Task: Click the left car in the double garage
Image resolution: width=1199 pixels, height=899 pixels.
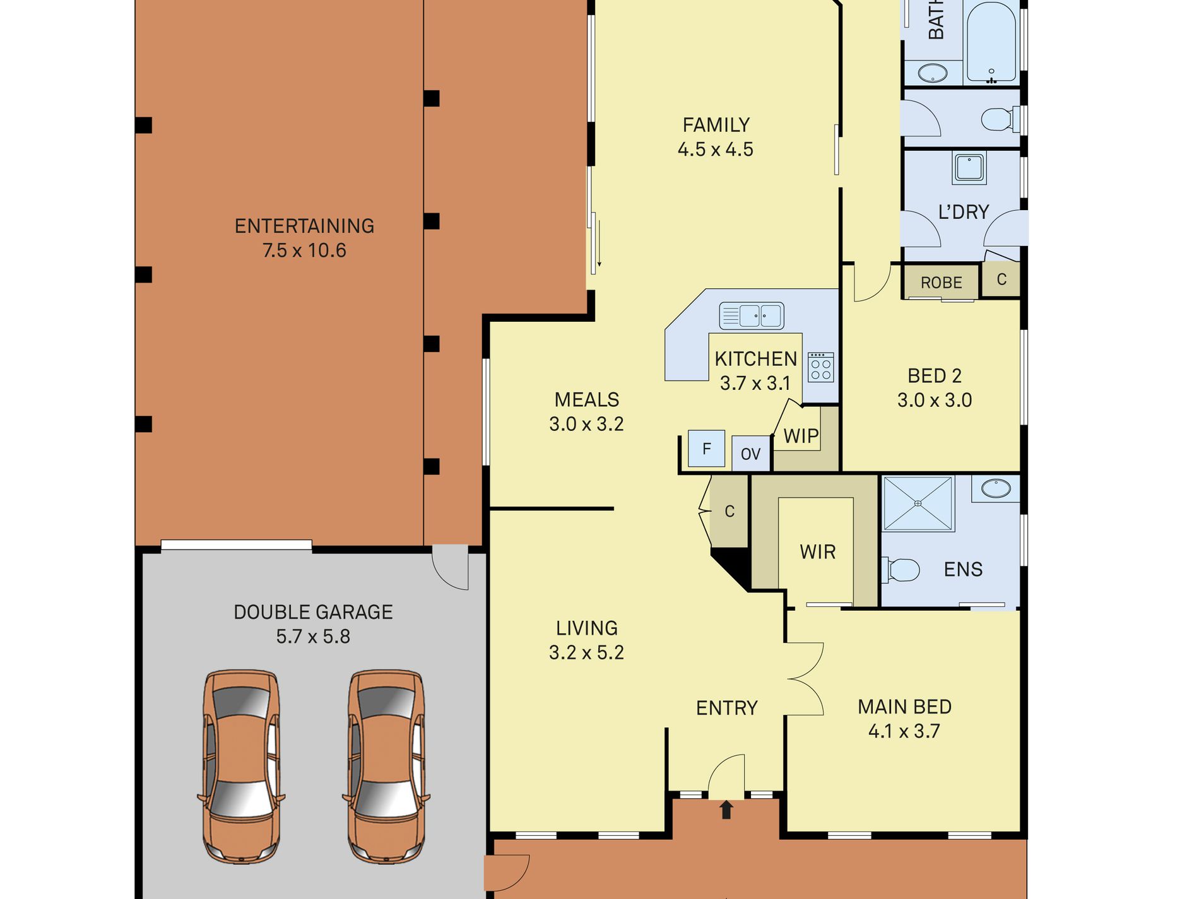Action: pos(241,766)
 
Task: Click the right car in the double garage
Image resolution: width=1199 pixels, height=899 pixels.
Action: pos(386,766)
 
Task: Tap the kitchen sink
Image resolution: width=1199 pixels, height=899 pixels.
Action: pos(752,315)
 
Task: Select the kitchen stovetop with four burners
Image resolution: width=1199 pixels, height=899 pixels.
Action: pos(820,367)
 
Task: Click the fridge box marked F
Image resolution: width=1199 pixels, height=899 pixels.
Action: pos(706,449)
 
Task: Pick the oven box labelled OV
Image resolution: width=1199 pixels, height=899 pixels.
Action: pos(751,454)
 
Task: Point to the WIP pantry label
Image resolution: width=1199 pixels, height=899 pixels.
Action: pos(801,436)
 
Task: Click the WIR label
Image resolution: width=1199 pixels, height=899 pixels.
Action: pos(818,552)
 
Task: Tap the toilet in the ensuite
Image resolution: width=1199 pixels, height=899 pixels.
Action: pos(901,570)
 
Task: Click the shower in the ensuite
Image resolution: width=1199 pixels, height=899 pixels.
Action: pos(918,503)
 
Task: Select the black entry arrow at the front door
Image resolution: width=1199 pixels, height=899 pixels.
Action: pos(726,809)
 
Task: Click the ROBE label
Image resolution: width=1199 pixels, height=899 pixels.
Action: pos(941,283)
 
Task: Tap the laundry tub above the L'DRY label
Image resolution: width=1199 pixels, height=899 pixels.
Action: pos(969,168)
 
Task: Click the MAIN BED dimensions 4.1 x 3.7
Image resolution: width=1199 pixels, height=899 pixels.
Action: pos(904,731)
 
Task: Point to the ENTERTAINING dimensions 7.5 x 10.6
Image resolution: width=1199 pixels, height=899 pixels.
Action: pos(304,250)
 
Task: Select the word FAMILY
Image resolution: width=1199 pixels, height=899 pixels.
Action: pos(716,125)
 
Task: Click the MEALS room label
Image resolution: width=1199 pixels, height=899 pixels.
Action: pos(586,399)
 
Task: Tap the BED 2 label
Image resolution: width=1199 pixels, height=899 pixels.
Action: pos(935,376)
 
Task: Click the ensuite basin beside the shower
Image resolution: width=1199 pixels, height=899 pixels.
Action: pos(995,488)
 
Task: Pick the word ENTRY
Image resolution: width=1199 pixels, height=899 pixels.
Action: pos(726,708)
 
